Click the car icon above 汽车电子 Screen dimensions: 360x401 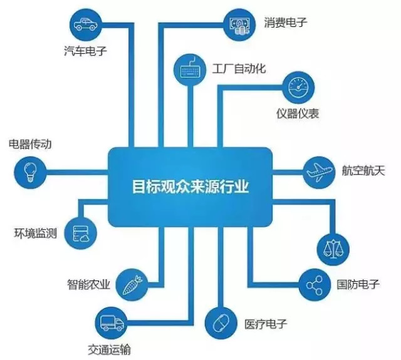85,26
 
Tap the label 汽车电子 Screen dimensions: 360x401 86,51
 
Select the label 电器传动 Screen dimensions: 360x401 29,145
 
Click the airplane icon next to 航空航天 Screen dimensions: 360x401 320,170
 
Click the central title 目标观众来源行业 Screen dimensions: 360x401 190,187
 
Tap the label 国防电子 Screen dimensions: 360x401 358,285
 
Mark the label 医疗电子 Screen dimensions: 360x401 265,326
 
